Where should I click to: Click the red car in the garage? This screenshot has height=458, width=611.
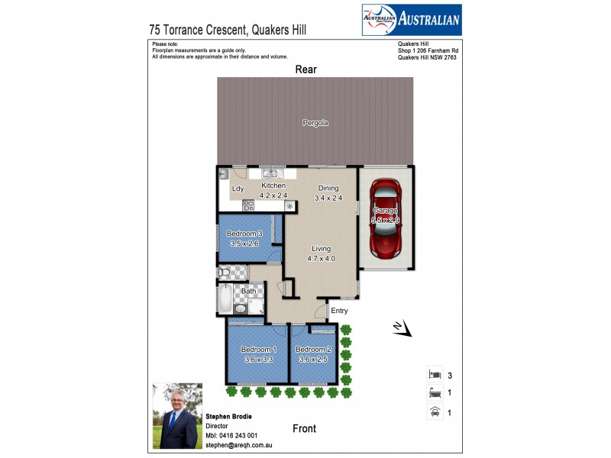coord(385,220)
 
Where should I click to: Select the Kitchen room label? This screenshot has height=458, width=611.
coord(273,185)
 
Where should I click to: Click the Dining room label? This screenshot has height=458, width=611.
coord(328,188)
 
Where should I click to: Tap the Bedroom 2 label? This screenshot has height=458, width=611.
coord(314,349)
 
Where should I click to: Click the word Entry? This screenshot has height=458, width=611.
coord(338,311)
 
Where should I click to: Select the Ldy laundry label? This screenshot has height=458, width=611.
coord(238,189)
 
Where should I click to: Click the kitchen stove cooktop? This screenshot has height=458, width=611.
coord(248,205)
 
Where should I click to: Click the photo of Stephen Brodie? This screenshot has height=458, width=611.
coord(178,415)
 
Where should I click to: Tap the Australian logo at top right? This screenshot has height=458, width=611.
coord(411,20)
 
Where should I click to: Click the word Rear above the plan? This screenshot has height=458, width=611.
coord(306,69)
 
